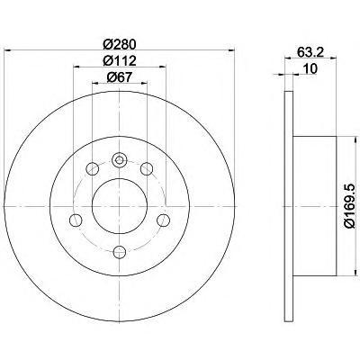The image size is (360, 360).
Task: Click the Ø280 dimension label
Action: point(120,45)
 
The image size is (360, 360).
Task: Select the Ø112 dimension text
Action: point(120,61)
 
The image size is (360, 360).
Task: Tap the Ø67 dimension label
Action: point(120,77)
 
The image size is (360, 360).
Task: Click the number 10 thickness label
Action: point(310,69)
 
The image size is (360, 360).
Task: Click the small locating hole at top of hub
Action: point(120,160)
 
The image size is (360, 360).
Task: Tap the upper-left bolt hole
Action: point(92,168)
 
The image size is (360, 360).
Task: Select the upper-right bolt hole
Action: point(147,168)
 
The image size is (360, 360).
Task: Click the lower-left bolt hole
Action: point(76,220)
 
